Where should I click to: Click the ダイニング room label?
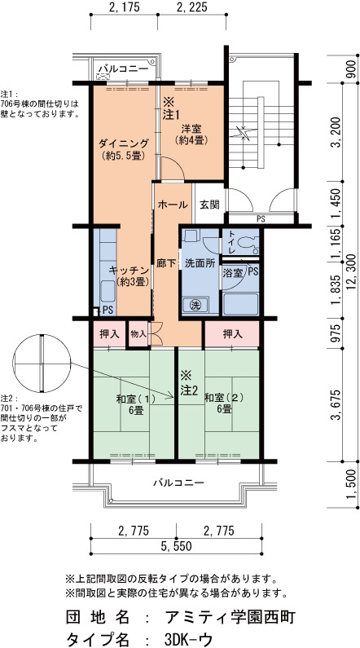[x=124, y=143]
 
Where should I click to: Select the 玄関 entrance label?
[x=209, y=205]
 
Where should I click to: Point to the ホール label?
[x=173, y=205]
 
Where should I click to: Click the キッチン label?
[x=129, y=271]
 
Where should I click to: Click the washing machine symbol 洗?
[x=195, y=305]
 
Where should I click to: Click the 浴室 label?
[x=232, y=273]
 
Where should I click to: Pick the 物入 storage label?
[x=138, y=333]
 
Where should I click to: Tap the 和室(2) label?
[x=224, y=399]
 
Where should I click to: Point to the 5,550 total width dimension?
[x=176, y=546]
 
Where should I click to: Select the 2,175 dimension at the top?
[x=124, y=7]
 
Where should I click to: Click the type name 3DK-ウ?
[x=188, y=638]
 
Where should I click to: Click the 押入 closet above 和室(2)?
[x=232, y=334]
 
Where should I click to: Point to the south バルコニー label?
[x=178, y=483]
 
